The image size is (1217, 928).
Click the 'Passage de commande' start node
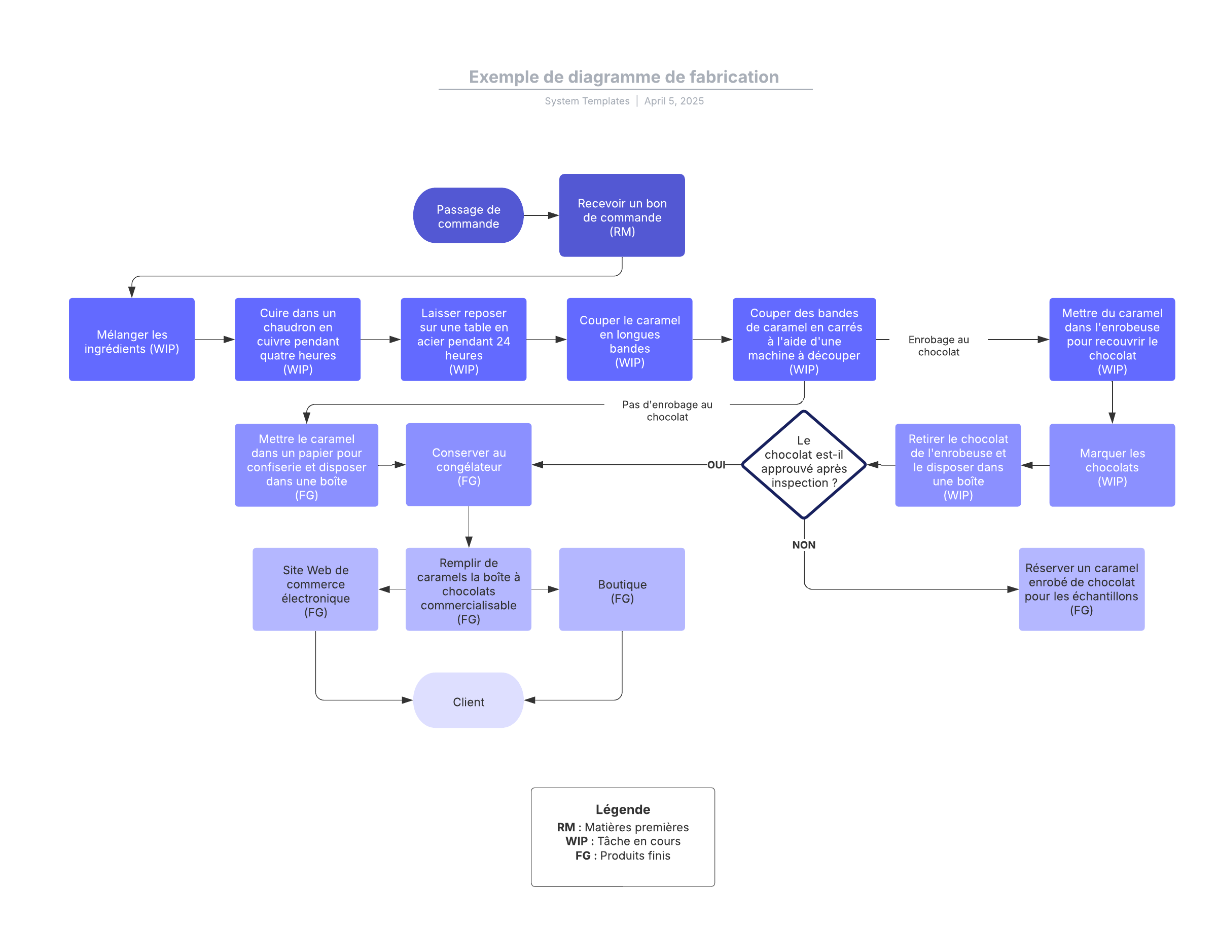[x=468, y=215]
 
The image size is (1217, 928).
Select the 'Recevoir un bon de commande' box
[x=622, y=215]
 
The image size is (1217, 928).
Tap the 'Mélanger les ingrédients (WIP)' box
[x=131, y=340]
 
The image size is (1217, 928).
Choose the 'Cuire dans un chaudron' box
[x=297, y=340]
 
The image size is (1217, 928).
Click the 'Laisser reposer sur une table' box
[x=463, y=340]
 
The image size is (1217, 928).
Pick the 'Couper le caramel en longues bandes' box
[x=629, y=340]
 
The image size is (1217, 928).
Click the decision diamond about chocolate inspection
[x=804, y=465]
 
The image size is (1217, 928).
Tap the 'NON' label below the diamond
[x=804, y=545]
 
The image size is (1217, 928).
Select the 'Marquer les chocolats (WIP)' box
[x=1112, y=465]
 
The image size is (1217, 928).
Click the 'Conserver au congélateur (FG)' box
[x=469, y=465]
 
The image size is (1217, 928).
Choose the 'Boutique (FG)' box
[x=622, y=589]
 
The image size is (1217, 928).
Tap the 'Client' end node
[x=468, y=700]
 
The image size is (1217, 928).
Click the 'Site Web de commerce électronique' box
[x=315, y=589]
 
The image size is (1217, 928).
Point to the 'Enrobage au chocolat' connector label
[x=939, y=346]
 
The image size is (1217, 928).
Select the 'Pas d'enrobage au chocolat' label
[x=667, y=411]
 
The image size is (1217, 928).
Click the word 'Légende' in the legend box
[x=623, y=810]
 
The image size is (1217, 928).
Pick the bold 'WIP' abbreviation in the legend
[x=577, y=841]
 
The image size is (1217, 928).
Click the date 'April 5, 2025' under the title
[x=674, y=101]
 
